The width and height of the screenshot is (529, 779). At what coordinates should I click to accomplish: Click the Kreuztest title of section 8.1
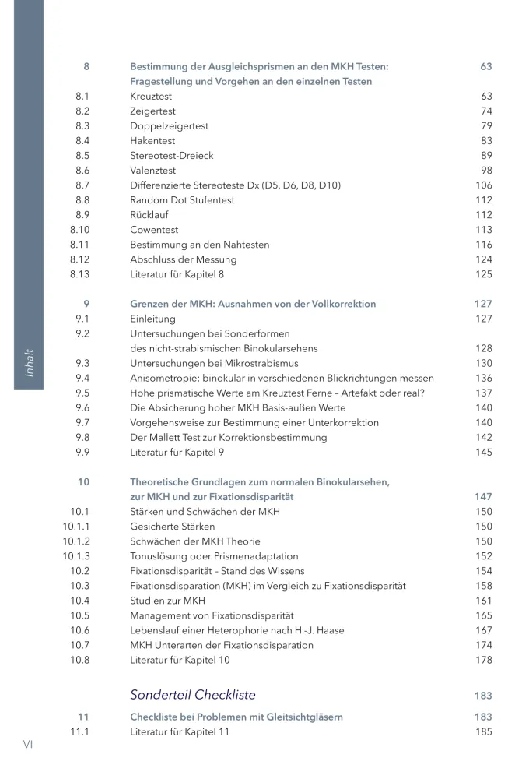[x=151, y=97]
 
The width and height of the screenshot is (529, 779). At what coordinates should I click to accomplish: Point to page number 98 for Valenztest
[x=486, y=171]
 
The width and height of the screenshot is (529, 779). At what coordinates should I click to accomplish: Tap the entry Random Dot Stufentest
[x=182, y=200]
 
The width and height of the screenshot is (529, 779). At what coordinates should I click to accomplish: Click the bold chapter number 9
[x=86, y=304]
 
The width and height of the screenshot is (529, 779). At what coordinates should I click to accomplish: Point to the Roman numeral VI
[x=28, y=745]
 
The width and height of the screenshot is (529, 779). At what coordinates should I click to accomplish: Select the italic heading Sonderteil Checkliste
[x=192, y=695]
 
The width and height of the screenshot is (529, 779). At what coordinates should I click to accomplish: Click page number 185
[x=483, y=731]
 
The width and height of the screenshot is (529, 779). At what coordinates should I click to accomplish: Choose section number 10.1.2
[x=76, y=541]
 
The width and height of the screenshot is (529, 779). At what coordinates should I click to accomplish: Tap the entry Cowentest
[x=154, y=230]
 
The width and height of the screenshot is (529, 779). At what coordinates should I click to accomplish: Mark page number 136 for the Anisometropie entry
[x=483, y=378]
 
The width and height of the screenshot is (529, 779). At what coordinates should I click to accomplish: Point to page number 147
[x=483, y=496]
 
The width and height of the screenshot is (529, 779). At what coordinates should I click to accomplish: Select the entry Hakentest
[x=152, y=141]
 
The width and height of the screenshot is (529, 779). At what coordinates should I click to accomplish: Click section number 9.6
[x=82, y=407]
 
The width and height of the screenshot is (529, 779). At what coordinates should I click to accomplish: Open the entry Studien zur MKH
[x=167, y=601]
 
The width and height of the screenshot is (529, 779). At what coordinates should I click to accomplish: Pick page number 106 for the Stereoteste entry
[x=483, y=185]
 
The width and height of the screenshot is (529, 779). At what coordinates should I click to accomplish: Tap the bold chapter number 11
[x=83, y=717]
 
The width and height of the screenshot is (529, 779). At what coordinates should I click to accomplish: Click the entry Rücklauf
[x=151, y=215]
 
